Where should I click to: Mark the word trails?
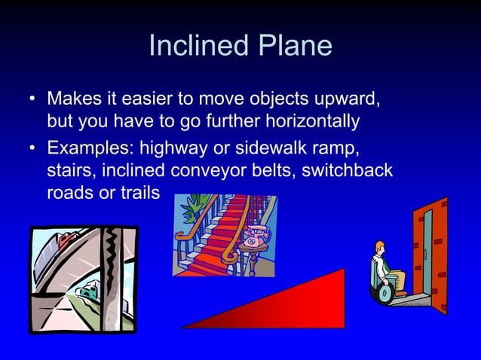click(139, 193)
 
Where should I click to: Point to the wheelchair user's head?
click(381, 248)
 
